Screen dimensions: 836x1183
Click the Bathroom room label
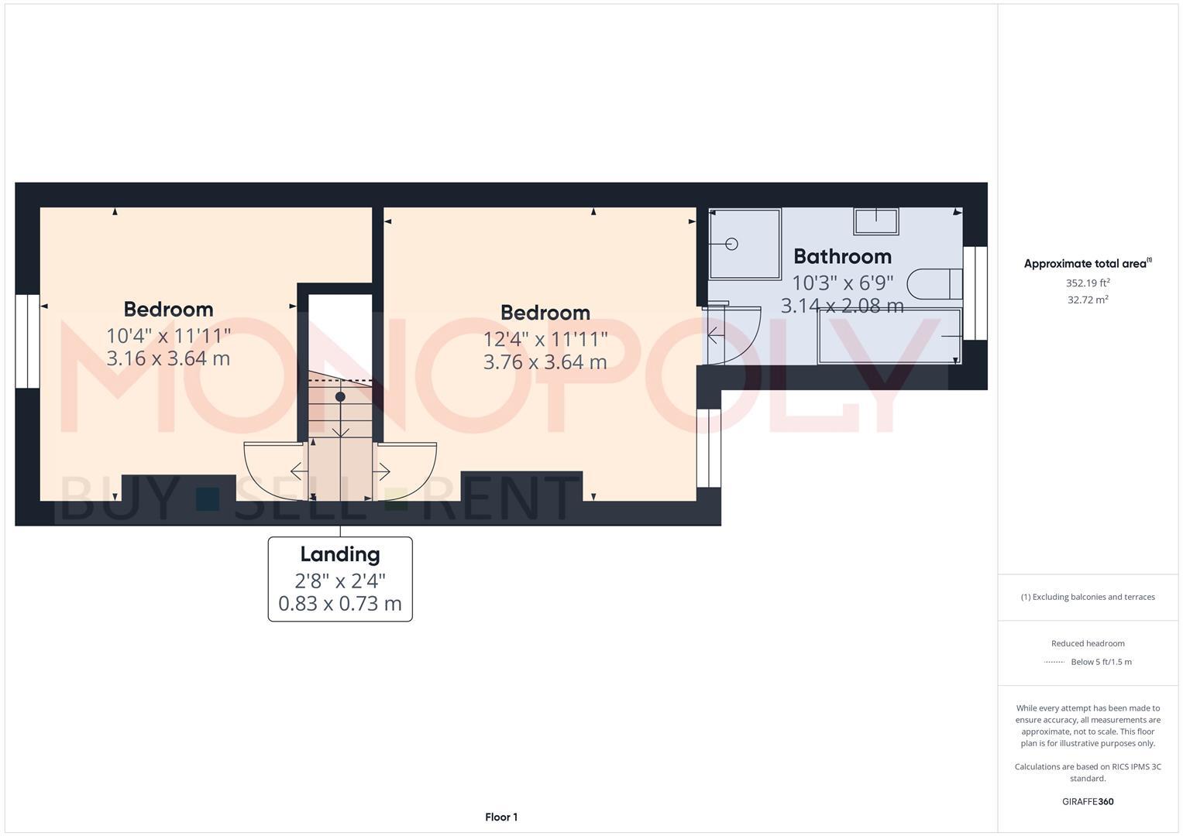point(842,256)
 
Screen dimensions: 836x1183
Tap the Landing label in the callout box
point(340,554)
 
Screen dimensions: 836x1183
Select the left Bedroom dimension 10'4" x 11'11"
point(169,335)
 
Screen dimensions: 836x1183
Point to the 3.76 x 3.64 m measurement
point(545,362)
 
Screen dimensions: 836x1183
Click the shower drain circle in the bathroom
point(732,244)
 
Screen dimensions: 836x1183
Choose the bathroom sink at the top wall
point(876,221)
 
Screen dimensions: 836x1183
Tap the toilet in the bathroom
point(934,284)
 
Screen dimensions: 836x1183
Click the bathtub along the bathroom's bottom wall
point(889,336)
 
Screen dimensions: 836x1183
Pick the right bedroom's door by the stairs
point(406,468)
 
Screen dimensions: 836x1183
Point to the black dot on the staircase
point(340,396)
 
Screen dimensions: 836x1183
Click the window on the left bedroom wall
point(27,341)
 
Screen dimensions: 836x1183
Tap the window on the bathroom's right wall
point(975,293)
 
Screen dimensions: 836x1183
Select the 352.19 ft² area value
point(1088,283)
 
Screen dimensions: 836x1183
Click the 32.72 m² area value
point(1088,300)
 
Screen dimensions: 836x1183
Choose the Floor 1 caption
point(501,817)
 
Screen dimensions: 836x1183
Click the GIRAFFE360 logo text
point(1088,801)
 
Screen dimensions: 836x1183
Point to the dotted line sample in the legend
point(1054,662)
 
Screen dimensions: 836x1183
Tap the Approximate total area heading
point(1086,264)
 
